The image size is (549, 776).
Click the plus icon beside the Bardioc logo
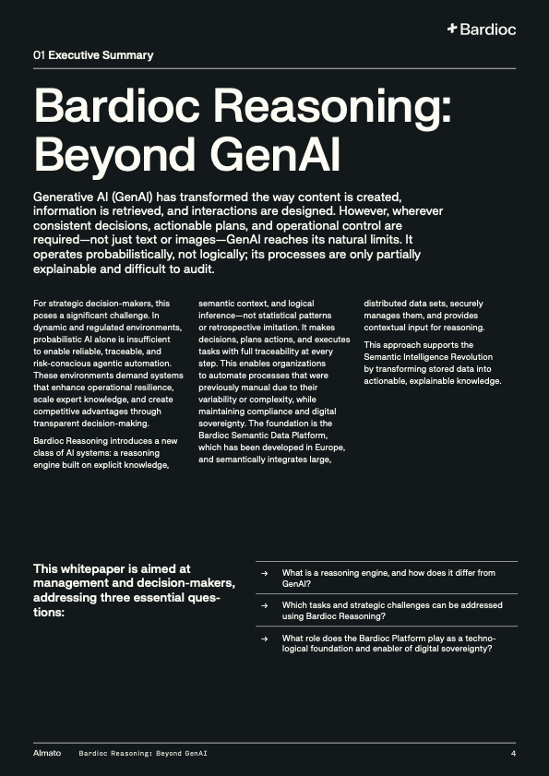click(452, 30)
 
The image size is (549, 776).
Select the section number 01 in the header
click(39, 55)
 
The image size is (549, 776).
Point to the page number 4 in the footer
click(513, 754)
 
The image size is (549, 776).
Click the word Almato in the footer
click(47, 754)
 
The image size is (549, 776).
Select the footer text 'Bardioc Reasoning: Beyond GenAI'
click(143, 754)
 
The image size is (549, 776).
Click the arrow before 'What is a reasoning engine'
click(265, 573)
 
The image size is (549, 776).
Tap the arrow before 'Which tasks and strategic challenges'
click(265, 605)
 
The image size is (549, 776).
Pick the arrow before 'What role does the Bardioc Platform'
click(265, 638)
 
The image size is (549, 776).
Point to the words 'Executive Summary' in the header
click(101, 55)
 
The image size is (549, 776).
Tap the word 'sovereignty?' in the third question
click(460, 649)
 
